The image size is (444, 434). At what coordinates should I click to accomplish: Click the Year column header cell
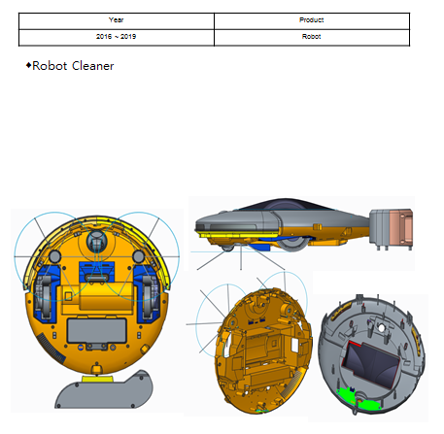click(117, 21)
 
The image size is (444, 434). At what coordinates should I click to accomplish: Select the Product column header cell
click(312, 21)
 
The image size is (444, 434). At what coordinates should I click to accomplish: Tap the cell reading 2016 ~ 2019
click(117, 38)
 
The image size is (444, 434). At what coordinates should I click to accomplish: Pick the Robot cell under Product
click(312, 38)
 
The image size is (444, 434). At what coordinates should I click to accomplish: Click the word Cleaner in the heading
click(93, 66)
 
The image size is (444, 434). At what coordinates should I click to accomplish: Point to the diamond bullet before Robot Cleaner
click(28, 65)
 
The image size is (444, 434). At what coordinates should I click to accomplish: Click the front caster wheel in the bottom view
click(96, 242)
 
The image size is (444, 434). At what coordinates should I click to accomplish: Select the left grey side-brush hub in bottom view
click(54, 256)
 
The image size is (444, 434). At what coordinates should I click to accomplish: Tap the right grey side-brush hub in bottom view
click(139, 256)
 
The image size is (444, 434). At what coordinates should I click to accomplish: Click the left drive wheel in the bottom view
click(44, 294)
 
